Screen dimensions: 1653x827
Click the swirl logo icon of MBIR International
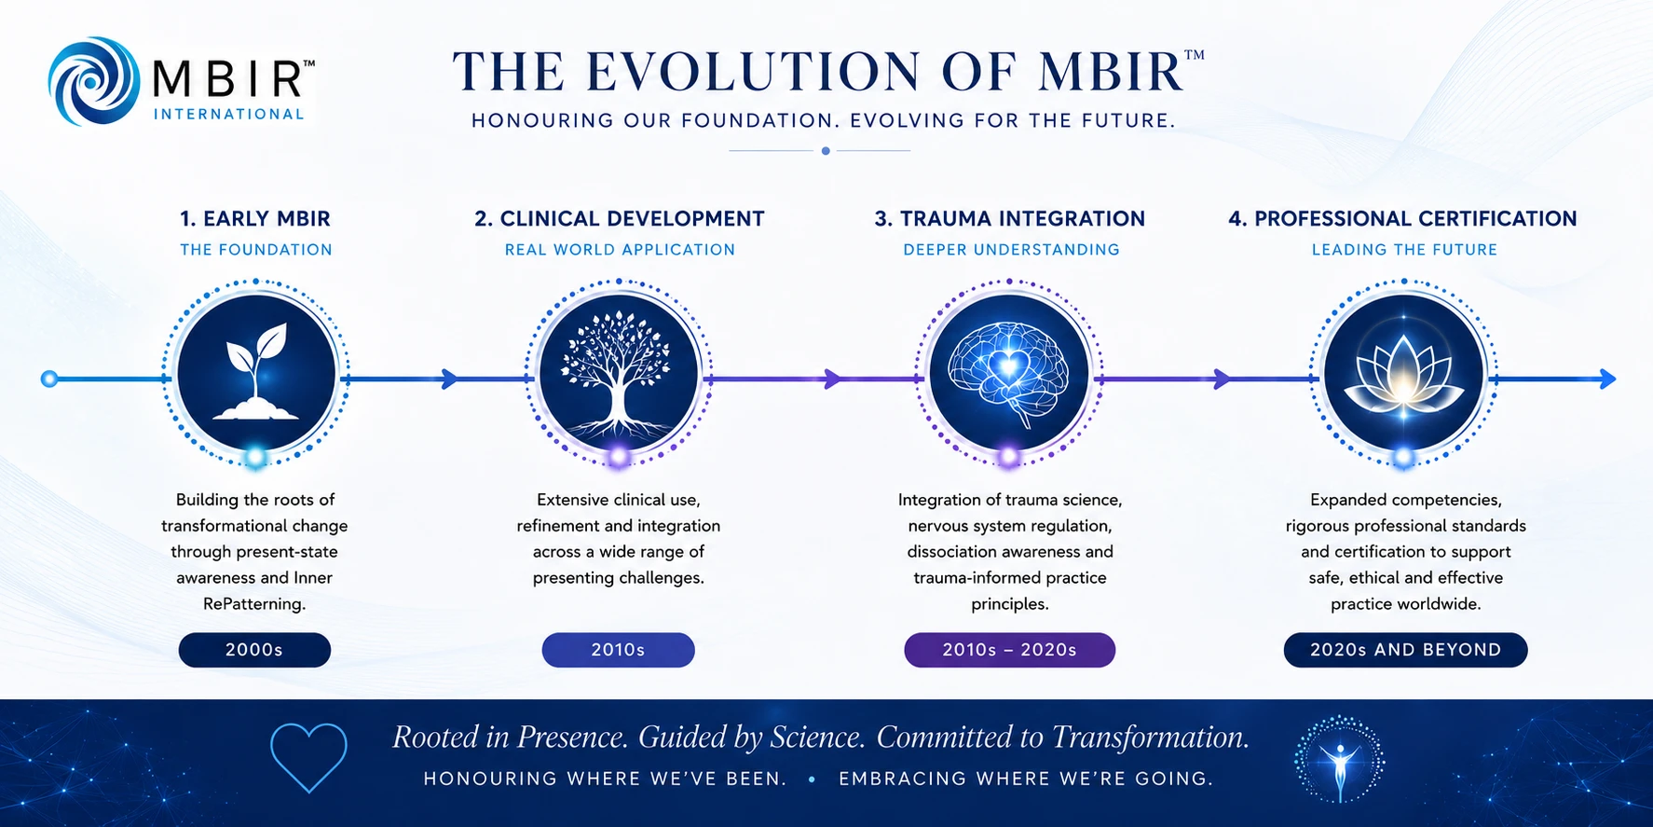[x=93, y=81]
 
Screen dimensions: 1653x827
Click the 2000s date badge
[x=254, y=650]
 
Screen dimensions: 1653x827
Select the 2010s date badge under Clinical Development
[x=619, y=650]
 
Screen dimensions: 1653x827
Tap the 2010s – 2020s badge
[x=1009, y=650]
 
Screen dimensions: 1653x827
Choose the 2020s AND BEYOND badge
[x=1405, y=650]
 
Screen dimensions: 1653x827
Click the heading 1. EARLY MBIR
[x=255, y=219]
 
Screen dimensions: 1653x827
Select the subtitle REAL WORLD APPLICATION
[x=620, y=250]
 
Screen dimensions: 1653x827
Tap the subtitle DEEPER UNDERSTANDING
[x=1011, y=250]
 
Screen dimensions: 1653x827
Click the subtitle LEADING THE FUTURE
[x=1404, y=250]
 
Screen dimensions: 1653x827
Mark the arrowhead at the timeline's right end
[x=1607, y=379]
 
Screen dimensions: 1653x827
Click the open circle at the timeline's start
[x=49, y=379]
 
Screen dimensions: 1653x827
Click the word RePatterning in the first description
[x=254, y=604]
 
